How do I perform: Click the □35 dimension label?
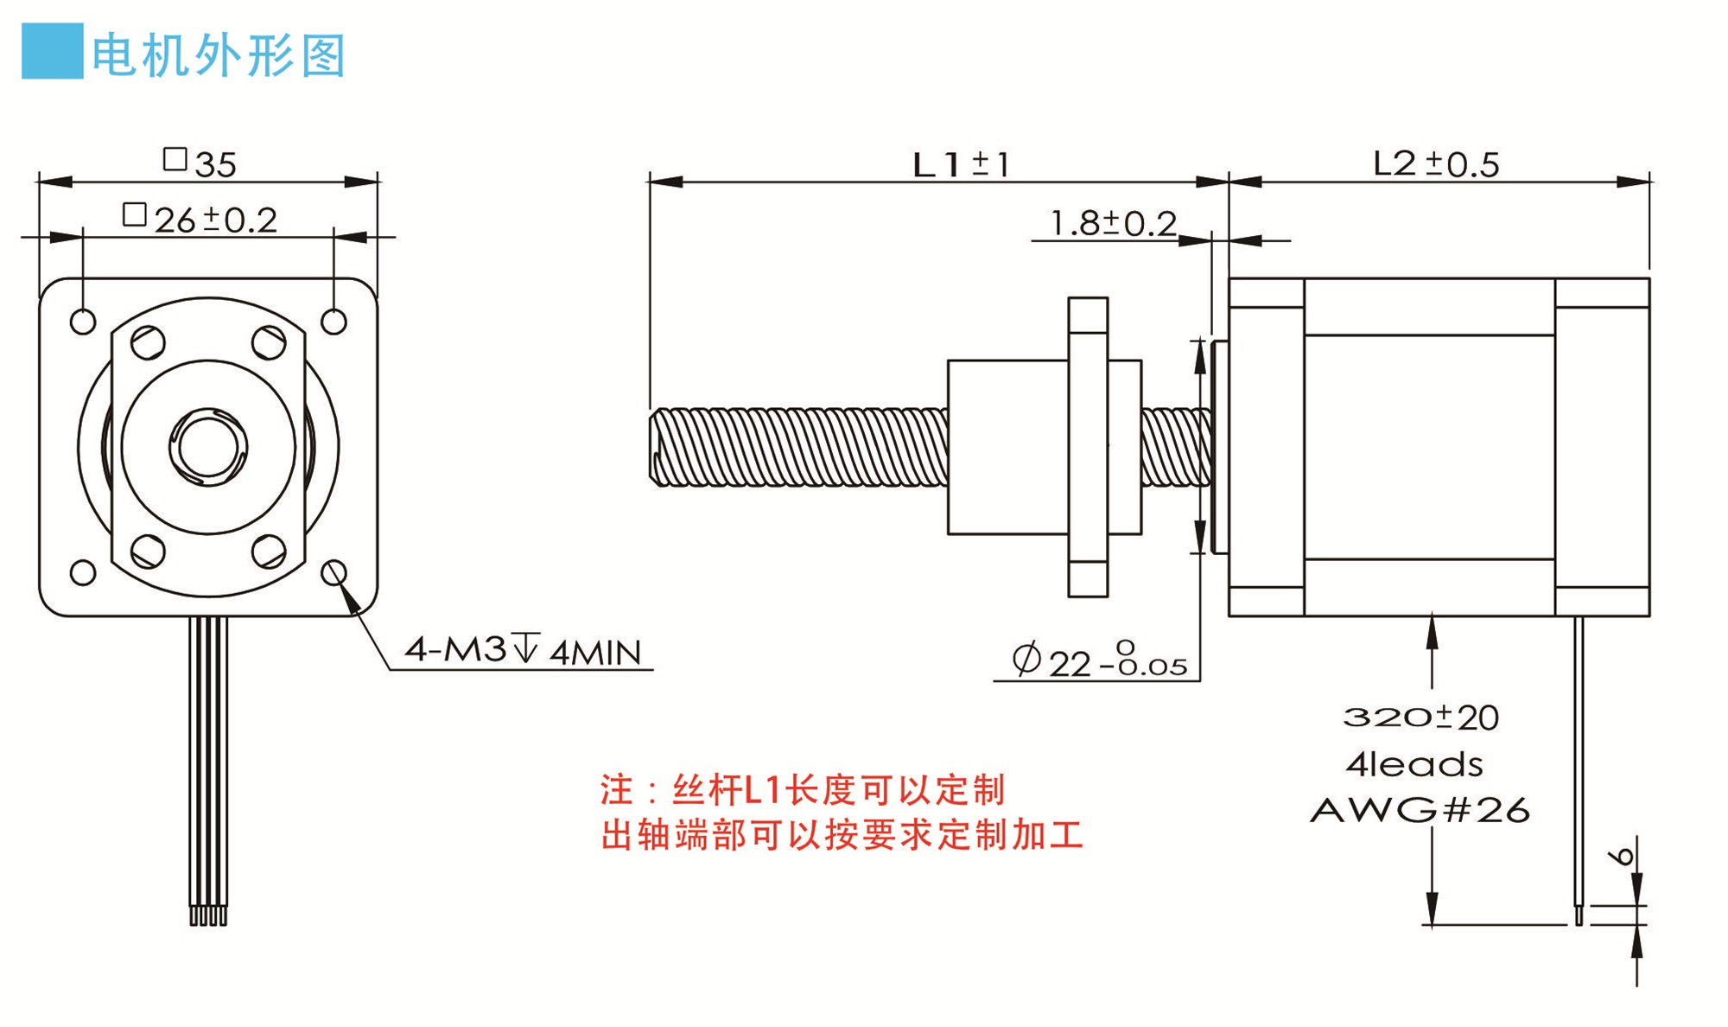coord(200,163)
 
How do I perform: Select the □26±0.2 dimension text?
coord(200,220)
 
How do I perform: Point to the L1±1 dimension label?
coord(961,164)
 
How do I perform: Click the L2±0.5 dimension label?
coord(1436,163)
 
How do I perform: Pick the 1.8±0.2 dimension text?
coord(1113,223)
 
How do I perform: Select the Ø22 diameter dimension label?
coord(1099,660)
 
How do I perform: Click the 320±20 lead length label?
coord(1421,717)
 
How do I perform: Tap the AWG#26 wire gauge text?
coord(1420,810)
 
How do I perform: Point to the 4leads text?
coord(1414,764)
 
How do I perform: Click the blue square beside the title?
coord(52,51)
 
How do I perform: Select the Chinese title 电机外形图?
coord(219,55)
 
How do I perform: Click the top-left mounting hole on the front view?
coord(83,322)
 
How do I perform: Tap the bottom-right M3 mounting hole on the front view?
coord(334,572)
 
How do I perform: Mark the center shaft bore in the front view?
coord(208,447)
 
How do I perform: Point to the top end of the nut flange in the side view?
coord(1088,299)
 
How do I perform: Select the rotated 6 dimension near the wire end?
coord(1623,856)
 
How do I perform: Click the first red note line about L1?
coord(803,789)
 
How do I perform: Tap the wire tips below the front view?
coord(208,915)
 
